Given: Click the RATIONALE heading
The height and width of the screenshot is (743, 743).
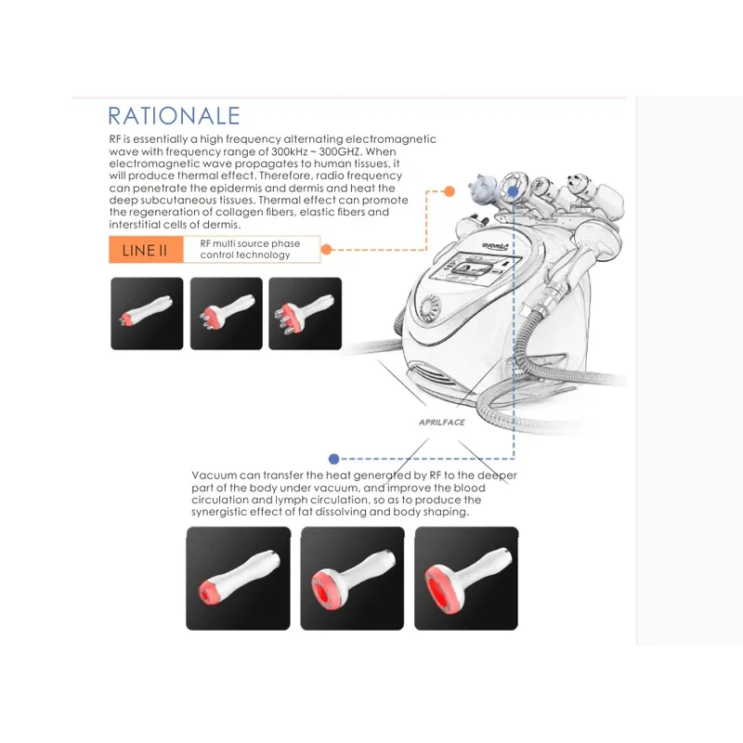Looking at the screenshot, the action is coord(174,116).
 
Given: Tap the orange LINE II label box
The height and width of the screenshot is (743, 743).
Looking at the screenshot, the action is coord(146,250).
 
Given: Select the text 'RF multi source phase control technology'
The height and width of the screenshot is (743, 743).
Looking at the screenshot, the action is coord(250,249).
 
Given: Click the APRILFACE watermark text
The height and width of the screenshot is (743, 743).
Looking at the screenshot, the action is coord(442,423).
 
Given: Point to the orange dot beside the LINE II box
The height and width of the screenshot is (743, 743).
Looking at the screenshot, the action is coord(326,249).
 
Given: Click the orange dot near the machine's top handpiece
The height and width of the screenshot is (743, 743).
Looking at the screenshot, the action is coord(450,191).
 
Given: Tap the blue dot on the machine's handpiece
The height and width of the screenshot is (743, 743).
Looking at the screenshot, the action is coord(513,192).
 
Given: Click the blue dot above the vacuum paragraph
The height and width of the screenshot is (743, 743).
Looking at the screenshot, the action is coord(333,459).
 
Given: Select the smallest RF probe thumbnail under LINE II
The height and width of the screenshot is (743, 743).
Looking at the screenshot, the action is coord(147,314).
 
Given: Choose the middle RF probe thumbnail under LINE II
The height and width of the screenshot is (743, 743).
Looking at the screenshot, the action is coord(226,314).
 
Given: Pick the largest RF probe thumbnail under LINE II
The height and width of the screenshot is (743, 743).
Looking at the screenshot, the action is coord(306,314).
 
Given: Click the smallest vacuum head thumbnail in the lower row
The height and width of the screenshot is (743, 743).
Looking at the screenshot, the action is coord(239,579).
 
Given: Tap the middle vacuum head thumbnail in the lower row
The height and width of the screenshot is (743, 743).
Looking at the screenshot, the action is coord(353,579).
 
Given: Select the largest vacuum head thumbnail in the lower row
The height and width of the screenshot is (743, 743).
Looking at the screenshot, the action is coord(466,579).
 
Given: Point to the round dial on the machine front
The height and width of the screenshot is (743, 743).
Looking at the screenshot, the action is coord(430,307).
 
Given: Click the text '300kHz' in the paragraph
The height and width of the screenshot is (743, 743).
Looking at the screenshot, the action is coord(289,151).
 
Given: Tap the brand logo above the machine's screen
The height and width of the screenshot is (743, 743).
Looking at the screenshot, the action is coord(495,246).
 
